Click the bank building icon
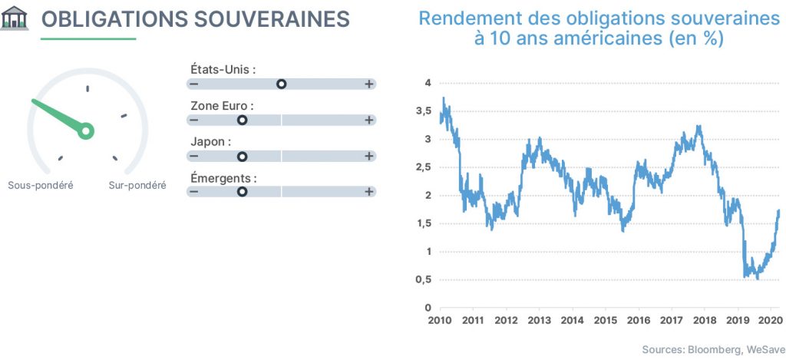(15, 18)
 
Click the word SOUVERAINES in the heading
(271, 19)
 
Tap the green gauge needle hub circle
(86, 130)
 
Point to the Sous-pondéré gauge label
(41, 186)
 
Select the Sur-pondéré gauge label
(137, 186)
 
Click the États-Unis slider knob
(281, 84)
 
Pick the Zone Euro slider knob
(242, 121)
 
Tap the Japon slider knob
(242, 157)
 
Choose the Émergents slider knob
(242, 192)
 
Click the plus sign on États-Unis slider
(369, 84)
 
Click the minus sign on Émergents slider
(194, 192)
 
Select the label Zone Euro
(222, 106)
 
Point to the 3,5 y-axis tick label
(424, 111)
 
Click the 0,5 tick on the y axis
(424, 279)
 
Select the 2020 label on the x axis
(770, 320)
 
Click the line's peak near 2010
(444, 97)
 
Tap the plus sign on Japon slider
(369, 157)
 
